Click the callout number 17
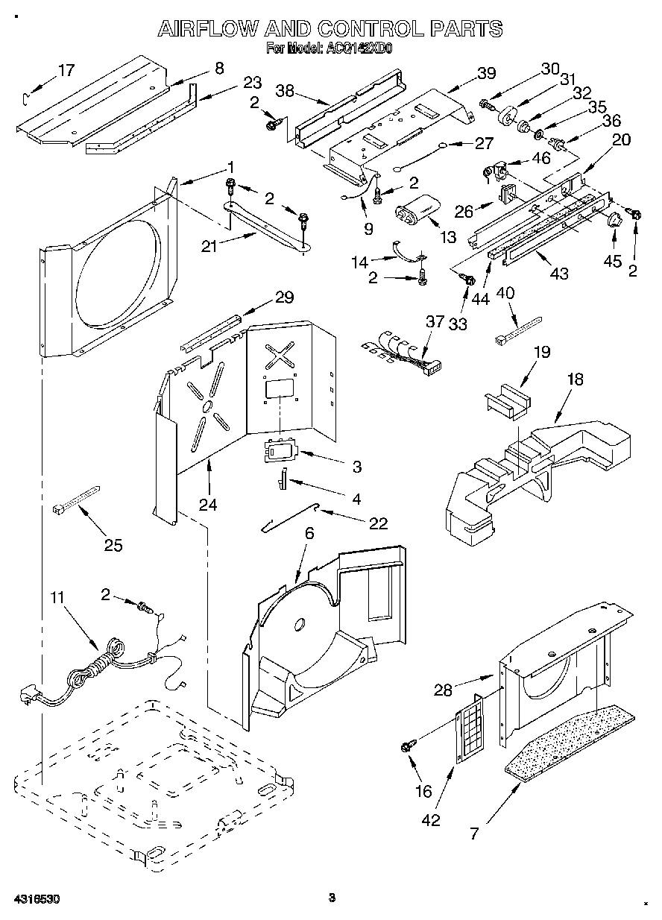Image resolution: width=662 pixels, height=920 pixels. (66, 71)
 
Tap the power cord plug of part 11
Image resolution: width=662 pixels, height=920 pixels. (27, 696)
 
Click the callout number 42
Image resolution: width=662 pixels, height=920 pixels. (430, 820)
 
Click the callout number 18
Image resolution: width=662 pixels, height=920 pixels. (575, 379)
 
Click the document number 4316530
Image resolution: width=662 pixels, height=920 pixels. (35, 900)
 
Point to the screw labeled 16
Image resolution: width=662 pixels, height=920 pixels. (409, 744)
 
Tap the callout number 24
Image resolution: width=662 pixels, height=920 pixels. (207, 504)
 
